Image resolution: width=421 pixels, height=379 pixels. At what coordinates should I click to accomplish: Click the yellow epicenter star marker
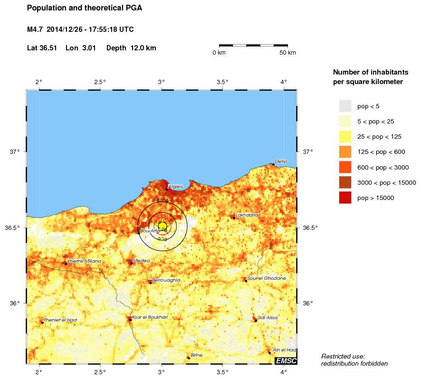162,226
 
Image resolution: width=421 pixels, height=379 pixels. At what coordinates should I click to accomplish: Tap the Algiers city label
175,187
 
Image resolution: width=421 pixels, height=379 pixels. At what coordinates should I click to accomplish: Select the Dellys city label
281,161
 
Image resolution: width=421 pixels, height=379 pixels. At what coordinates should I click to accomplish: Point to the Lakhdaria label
247,215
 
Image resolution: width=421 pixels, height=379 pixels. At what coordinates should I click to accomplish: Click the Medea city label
142,261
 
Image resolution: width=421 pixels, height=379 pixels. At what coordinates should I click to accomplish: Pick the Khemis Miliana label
84,261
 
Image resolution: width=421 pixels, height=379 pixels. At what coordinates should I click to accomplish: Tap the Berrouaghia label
166,280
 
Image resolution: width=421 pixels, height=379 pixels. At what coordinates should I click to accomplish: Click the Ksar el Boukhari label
150,317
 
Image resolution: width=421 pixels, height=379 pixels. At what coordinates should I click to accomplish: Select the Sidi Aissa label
268,318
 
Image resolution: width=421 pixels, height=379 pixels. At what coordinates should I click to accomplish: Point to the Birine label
196,355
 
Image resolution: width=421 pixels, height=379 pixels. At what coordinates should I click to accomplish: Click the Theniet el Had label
60,320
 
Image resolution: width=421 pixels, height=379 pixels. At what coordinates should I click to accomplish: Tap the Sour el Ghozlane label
267,278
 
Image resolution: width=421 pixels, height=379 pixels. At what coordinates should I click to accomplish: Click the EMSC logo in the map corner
286,361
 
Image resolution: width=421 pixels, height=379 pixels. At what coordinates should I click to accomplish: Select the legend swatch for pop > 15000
345,198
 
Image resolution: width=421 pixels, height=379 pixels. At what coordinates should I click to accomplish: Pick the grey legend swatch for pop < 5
345,105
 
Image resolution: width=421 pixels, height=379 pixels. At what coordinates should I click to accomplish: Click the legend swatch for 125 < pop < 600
345,152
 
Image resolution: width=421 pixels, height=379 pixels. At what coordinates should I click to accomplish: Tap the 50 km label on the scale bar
288,53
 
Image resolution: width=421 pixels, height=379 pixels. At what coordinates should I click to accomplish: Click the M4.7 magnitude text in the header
36,29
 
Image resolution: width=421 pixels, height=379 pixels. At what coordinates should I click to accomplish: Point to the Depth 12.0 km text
131,48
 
